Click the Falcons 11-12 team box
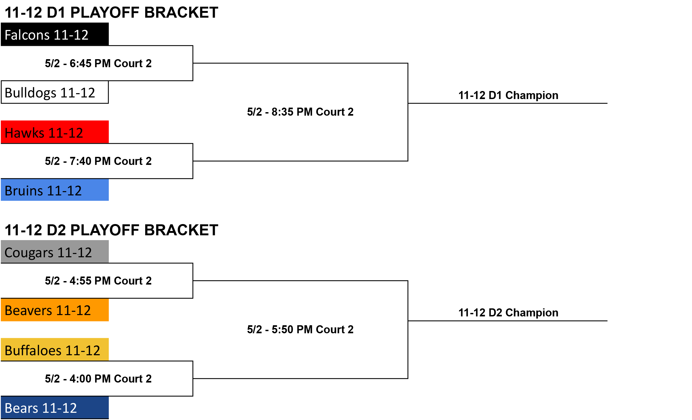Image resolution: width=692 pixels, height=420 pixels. pyautogui.click(x=55, y=34)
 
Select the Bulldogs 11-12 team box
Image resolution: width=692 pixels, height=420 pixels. pyautogui.click(x=55, y=92)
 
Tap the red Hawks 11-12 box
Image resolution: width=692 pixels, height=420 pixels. pyautogui.click(x=55, y=132)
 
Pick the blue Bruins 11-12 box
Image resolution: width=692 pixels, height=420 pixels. pyautogui.click(x=55, y=190)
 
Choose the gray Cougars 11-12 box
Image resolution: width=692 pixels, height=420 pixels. pyautogui.click(x=55, y=252)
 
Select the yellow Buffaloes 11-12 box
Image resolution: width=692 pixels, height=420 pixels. pyautogui.click(x=55, y=350)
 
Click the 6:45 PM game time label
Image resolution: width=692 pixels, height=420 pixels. pyautogui.click(x=98, y=63)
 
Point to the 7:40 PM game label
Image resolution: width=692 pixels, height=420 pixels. pyautogui.click(x=98, y=161)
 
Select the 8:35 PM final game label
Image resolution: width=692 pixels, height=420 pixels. pyautogui.click(x=300, y=112)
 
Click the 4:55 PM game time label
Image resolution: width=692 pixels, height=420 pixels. pyautogui.click(x=98, y=281)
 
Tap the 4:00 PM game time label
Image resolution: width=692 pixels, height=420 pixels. pyautogui.click(x=98, y=379)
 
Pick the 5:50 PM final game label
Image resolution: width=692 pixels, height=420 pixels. pyautogui.click(x=300, y=330)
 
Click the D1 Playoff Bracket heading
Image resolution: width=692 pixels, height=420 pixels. pyautogui.click(x=111, y=12)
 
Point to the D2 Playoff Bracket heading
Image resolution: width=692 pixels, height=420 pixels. pyautogui.click(x=111, y=230)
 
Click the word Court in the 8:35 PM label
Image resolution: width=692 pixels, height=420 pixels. pyautogui.click(x=330, y=112)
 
